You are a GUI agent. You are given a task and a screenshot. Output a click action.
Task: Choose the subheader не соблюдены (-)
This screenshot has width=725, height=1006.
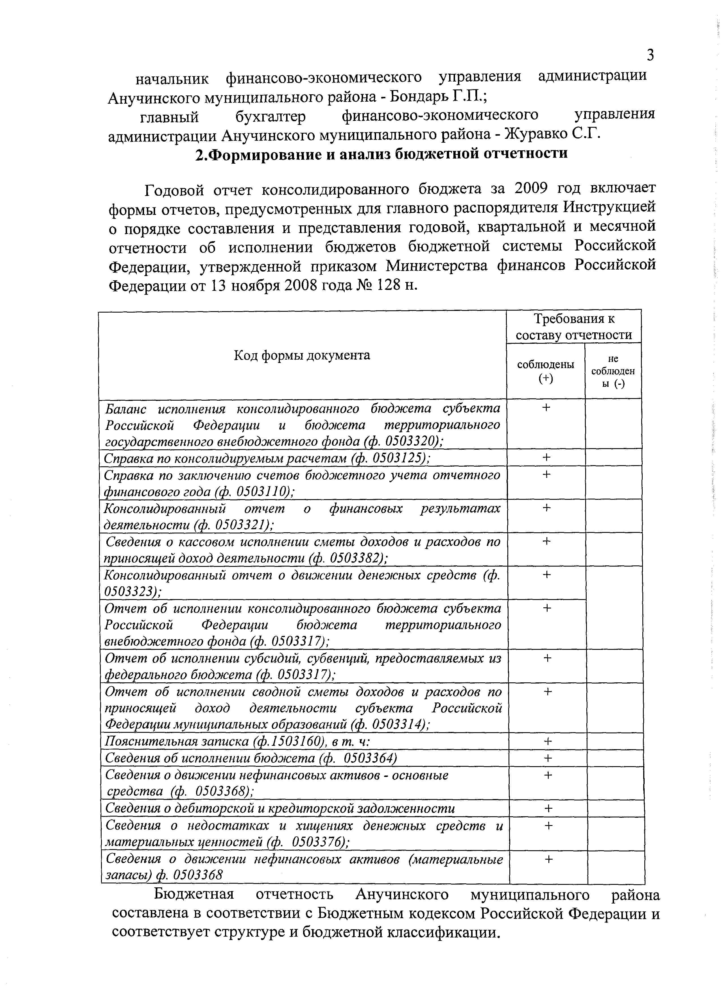pyautogui.click(x=613, y=371)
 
